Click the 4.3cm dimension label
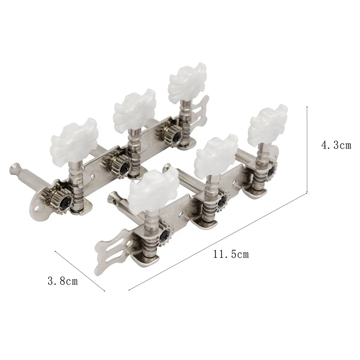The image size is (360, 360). point(336,145)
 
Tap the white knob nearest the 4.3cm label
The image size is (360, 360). point(268,122)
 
